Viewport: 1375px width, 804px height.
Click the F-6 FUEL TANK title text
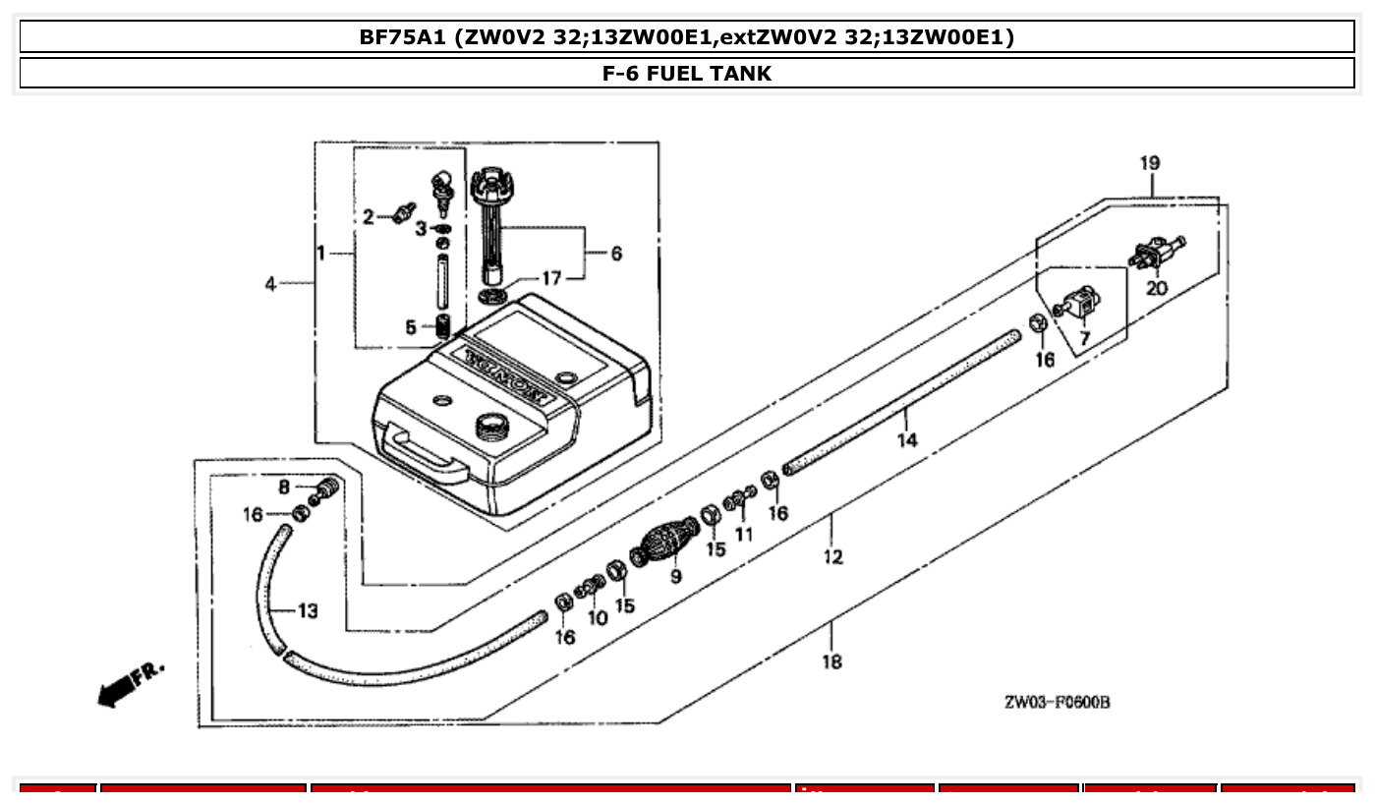tap(687, 74)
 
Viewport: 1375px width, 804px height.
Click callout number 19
tap(1150, 163)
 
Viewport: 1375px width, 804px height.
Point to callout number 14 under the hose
tap(906, 440)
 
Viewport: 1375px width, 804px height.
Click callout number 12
tap(833, 557)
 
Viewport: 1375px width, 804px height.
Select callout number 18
tap(831, 661)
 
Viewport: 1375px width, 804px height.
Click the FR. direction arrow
tap(126, 683)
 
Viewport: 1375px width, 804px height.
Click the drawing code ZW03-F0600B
tap(1057, 703)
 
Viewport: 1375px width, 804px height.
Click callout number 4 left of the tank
tap(270, 284)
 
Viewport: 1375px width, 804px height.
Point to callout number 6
tap(615, 254)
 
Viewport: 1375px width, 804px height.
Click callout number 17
tap(551, 278)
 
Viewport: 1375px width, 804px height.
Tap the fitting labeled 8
tap(327, 488)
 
